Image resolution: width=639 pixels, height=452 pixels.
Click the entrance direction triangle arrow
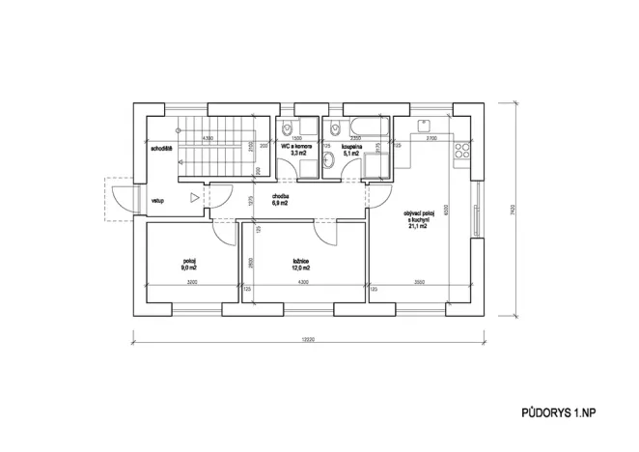(195, 198)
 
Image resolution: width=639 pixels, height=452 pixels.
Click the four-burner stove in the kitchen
(462, 150)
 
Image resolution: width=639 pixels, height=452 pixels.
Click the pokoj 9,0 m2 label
(189, 265)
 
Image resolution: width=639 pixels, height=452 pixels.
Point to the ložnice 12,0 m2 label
(301, 265)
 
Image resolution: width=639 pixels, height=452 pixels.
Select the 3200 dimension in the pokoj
(191, 282)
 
